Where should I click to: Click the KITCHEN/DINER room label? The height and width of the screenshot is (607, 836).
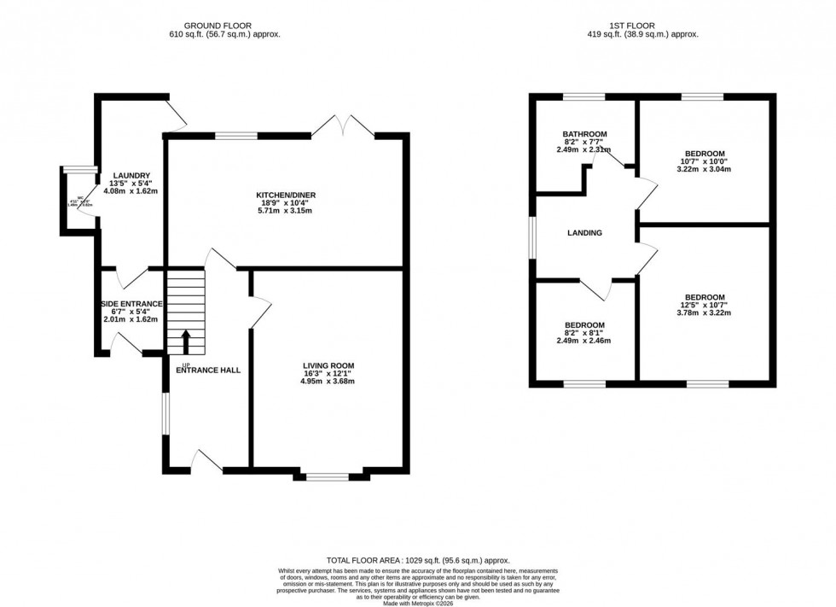[287, 196]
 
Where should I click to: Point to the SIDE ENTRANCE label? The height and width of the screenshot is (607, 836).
[132, 304]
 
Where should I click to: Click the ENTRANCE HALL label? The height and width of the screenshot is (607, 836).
[208, 371]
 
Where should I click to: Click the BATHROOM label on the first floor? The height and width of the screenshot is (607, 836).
[584, 134]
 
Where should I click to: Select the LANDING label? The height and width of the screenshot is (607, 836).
[584, 233]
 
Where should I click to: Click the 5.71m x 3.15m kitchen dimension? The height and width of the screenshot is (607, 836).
[287, 211]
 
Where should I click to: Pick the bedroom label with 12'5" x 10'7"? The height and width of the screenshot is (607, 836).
[705, 297]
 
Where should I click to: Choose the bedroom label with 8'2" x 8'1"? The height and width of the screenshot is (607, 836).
[584, 325]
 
